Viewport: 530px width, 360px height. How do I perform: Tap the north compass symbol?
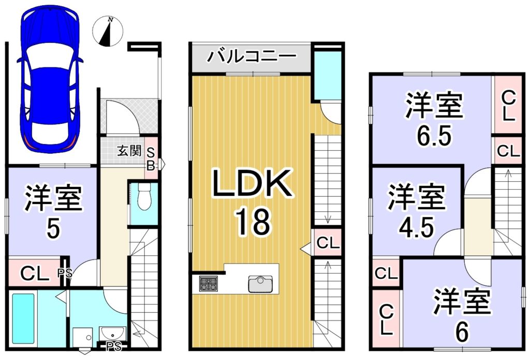[108, 32]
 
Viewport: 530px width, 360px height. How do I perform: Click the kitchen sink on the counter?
[260, 284]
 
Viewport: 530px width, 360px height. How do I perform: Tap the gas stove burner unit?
[209, 283]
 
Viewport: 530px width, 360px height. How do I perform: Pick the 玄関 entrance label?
[129, 151]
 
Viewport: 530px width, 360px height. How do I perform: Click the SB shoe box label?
[151, 159]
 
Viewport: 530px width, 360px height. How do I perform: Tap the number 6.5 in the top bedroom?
[434, 136]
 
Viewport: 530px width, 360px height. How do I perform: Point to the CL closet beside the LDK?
[328, 242]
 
